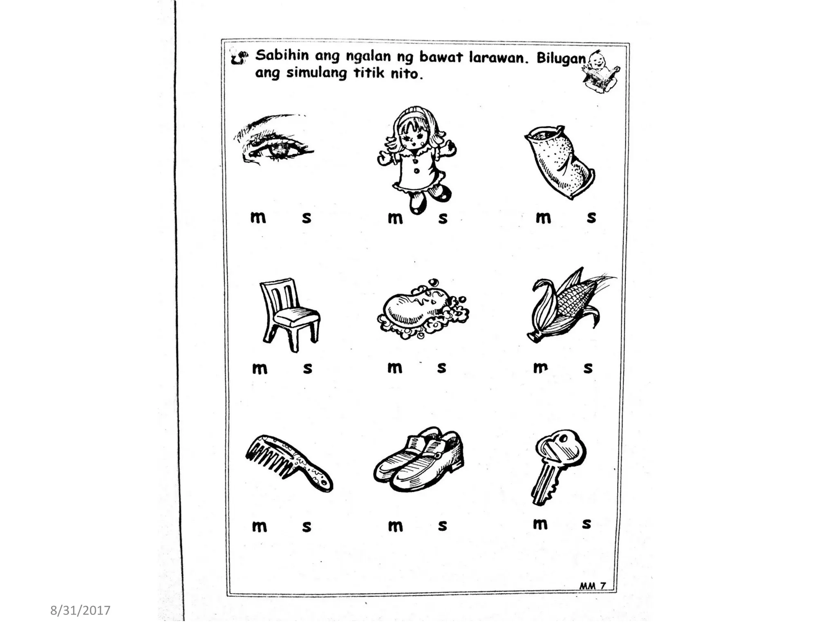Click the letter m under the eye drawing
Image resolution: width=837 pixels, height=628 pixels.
[x=258, y=218]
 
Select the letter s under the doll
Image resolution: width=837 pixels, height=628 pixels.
[x=443, y=218]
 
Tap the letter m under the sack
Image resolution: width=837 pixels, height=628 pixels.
[x=543, y=218]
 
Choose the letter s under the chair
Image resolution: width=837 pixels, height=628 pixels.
[x=308, y=368]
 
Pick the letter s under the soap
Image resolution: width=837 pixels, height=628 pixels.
[x=441, y=368]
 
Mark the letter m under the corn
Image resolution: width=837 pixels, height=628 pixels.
[x=540, y=368]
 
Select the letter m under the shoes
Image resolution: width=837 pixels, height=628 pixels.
[x=395, y=526]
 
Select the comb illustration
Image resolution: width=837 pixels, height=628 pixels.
[x=288, y=462]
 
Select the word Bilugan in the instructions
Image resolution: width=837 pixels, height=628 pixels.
[x=561, y=58]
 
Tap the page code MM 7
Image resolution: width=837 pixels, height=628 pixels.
[x=592, y=585]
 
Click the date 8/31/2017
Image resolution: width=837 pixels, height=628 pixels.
[x=80, y=610]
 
